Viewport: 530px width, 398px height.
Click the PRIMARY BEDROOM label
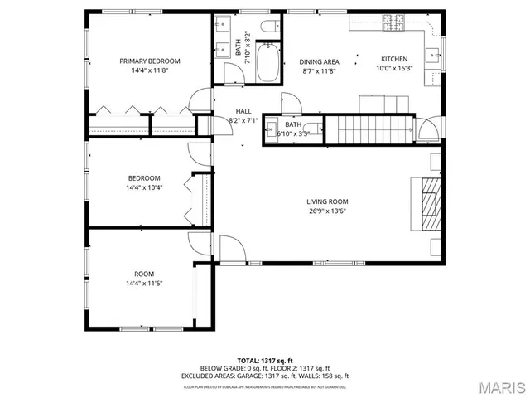[x=149, y=61]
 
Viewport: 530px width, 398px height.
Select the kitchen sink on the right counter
[x=432, y=57]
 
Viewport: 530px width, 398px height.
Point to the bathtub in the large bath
[x=267, y=64]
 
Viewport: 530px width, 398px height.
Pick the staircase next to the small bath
[x=368, y=129]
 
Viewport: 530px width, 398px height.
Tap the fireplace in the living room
[x=428, y=202]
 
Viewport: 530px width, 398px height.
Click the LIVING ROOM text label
[x=326, y=201]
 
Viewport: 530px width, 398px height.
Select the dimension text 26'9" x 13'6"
[x=326, y=211]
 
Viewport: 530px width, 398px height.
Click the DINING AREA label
[x=319, y=61]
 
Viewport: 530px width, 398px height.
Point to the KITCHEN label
[x=393, y=59]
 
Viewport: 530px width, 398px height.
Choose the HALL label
[x=243, y=111]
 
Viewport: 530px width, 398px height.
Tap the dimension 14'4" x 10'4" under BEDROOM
[x=144, y=187]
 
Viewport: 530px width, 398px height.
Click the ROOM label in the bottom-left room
[x=144, y=274]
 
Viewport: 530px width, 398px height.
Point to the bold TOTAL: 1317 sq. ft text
[x=265, y=360]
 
